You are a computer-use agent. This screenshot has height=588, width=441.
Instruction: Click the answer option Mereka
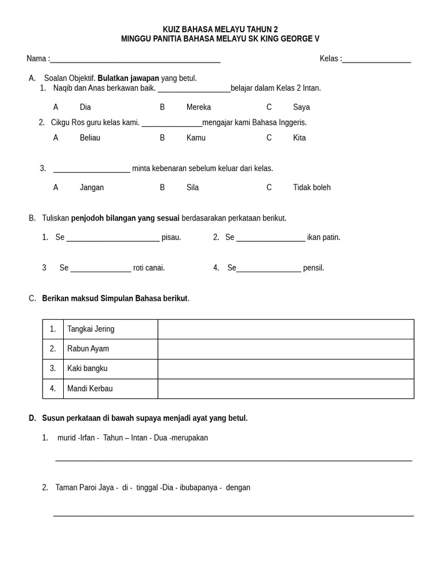click(198, 107)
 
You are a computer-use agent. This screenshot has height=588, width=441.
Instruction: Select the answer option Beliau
click(90, 138)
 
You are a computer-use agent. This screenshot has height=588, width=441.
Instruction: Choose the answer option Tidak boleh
click(311, 188)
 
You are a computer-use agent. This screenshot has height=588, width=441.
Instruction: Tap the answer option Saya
click(301, 107)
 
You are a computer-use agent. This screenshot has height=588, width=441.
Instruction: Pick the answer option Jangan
click(91, 188)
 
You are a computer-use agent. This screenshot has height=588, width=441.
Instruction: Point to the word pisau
click(171, 238)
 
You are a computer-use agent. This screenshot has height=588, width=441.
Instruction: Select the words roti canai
click(149, 268)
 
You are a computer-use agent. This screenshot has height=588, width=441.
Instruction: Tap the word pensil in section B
click(314, 268)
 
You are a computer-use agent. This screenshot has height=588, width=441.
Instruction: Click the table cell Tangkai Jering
click(91, 329)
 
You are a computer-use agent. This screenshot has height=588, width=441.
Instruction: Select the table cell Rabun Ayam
click(88, 349)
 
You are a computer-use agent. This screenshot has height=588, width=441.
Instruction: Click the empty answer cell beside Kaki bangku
click(285, 369)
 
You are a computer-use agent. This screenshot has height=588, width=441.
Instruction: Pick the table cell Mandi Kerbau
click(90, 389)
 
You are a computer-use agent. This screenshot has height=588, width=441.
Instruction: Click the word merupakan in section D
click(189, 438)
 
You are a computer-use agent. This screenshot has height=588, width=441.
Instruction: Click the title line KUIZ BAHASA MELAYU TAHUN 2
click(220, 29)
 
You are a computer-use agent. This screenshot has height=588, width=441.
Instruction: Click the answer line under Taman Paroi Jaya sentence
click(233, 515)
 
